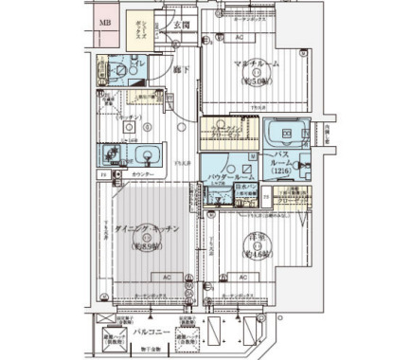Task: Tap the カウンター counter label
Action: point(144,175)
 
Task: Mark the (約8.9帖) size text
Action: point(139,245)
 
